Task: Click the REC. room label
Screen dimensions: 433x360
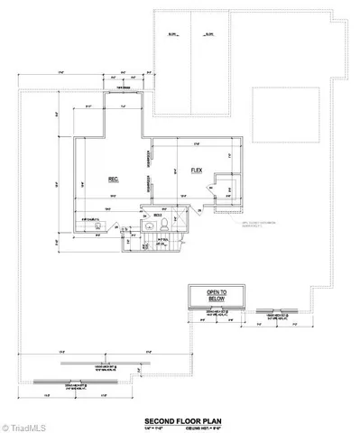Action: (114, 180)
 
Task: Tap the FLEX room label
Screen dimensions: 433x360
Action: (194, 169)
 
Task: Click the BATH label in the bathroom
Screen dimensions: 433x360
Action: (157, 216)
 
